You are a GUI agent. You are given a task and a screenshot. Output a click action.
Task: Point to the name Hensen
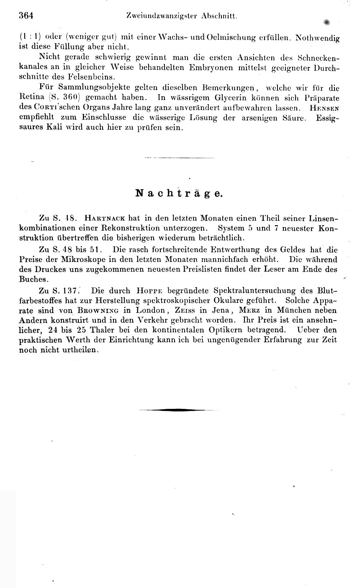(x=324, y=108)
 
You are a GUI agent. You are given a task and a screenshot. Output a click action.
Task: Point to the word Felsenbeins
(x=92, y=77)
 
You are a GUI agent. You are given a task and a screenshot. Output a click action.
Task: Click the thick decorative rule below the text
(x=172, y=410)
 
